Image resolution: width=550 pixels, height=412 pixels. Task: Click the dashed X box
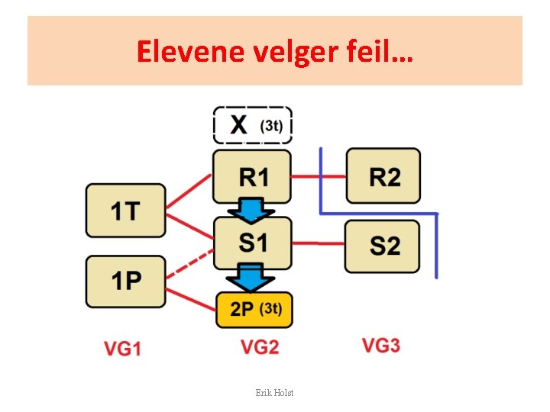[x=252, y=124]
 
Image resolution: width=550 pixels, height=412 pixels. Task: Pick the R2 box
[x=383, y=176]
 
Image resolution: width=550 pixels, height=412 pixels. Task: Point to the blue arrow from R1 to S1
[x=252, y=208]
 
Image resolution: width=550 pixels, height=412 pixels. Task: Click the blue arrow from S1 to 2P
[x=253, y=276]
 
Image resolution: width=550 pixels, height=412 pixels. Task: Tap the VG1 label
[x=123, y=349]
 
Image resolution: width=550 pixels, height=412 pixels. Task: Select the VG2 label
[x=260, y=347]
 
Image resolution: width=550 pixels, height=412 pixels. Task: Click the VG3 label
[x=380, y=346]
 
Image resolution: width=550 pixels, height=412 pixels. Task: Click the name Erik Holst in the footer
[x=275, y=392]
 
